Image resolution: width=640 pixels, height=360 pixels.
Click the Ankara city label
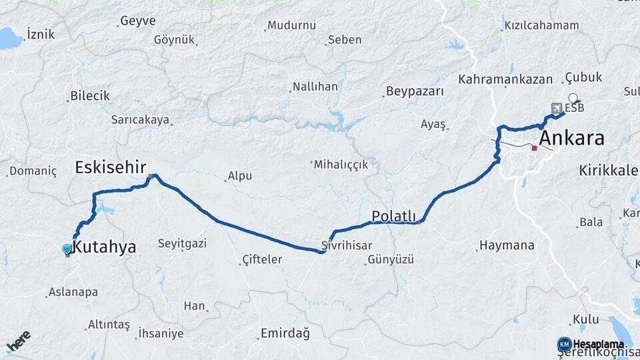tap(571, 139)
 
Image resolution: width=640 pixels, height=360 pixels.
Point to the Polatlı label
tap(393, 216)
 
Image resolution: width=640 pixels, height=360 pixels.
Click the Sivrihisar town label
tap(346, 245)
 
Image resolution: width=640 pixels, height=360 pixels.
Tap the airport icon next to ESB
tap(557, 108)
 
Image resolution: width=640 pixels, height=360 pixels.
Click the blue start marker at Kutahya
tap(67, 250)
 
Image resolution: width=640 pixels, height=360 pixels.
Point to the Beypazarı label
tap(415, 91)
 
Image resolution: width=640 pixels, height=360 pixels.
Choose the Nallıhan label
tap(315, 87)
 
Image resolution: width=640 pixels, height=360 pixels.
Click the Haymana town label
tap(507, 245)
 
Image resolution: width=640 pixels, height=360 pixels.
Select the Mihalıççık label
tap(341, 165)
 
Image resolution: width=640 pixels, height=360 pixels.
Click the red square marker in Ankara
tap(534, 148)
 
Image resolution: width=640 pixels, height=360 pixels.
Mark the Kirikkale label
tap(609, 170)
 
